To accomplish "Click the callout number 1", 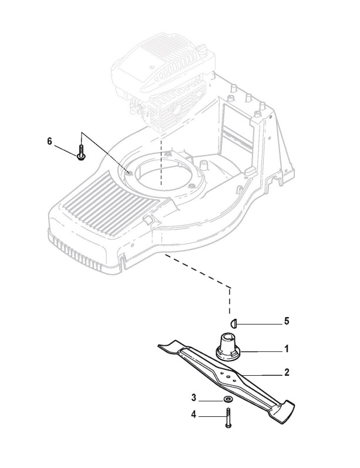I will pyautogui.click(x=286, y=349).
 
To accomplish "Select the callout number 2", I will pyautogui.click(x=286, y=372).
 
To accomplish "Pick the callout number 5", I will pyautogui.click(x=286, y=321).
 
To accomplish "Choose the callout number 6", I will pyautogui.click(x=49, y=141).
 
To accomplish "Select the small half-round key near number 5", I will pyautogui.click(x=233, y=322).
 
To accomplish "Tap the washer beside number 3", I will pyautogui.click(x=227, y=399).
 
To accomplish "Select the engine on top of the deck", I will pyautogui.click(x=159, y=82).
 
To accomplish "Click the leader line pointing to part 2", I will pyautogui.click(x=264, y=373).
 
